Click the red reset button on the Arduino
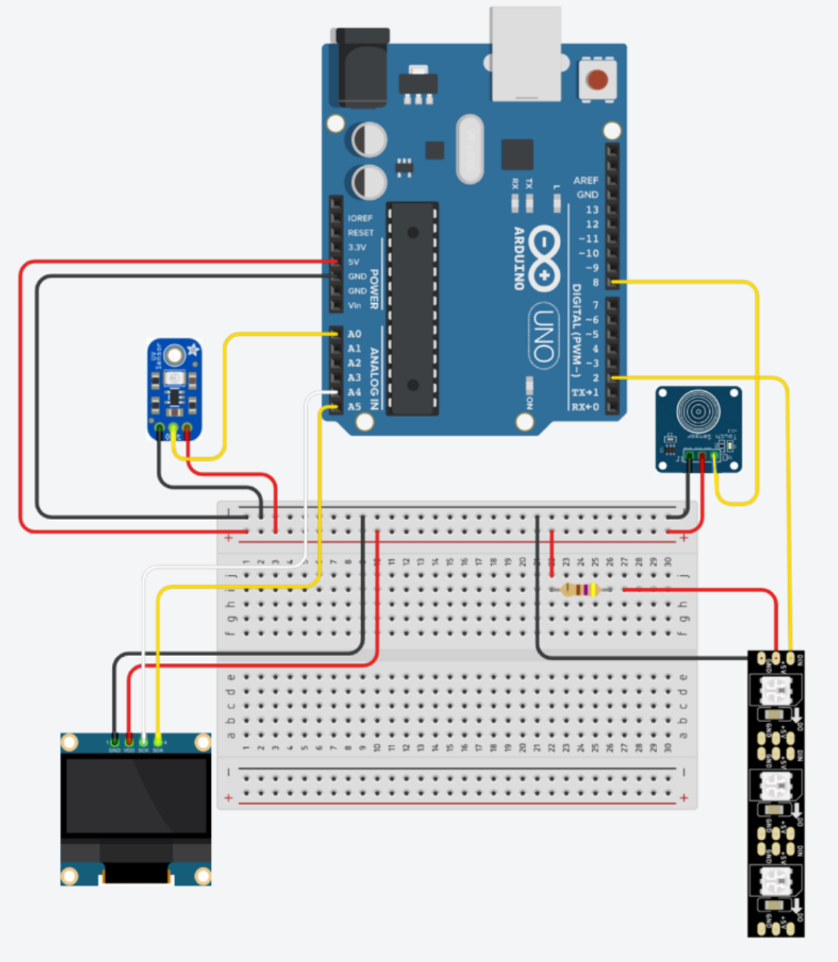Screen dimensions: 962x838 (x=597, y=79)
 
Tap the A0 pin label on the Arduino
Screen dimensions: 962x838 (x=354, y=334)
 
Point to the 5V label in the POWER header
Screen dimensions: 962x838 (x=354, y=262)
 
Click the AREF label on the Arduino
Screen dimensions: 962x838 (x=585, y=181)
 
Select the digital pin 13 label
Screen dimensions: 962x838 (x=591, y=210)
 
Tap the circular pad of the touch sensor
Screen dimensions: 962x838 (x=698, y=411)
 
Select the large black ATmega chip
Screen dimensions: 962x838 (x=412, y=309)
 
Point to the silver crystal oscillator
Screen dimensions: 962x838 (x=470, y=149)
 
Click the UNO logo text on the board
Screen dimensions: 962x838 (x=544, y=335)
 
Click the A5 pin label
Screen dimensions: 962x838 (x=354, y=407)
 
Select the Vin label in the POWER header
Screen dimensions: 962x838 (x=354, y=305)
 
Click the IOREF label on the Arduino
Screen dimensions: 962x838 (x=360, y=218)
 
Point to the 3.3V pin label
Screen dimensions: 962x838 (x=357, y=247)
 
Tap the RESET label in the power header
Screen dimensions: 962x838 (x=360, y=233)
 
